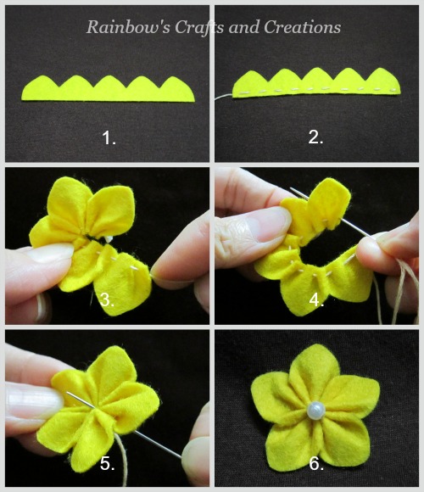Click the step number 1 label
[109, 138]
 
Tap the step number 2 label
[315, 137]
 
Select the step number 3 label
[107, 300]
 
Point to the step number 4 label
[316, 300]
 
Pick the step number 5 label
[107, 463]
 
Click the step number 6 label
[316, 463]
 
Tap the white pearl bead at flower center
[315, 410]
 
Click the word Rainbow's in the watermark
[129, 26]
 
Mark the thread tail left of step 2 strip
[223, 97]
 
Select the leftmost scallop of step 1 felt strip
[40, 88]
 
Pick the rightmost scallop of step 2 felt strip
[383, 81]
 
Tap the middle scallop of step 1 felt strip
[109, 88]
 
